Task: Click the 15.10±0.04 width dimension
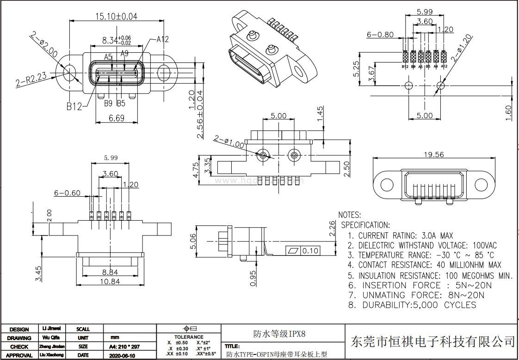[x=116, y=16]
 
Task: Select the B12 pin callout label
[x=74, y=106]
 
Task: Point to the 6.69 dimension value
[x=116, y=118]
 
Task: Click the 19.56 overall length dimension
[x=433, y=155]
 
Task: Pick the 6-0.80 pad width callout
[x=380, y=34]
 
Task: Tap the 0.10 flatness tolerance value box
[x=310, y=251]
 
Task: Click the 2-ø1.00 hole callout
[x=229, y=142]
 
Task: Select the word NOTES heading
[x=350, y=215]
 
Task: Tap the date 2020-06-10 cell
[x=122, y=355]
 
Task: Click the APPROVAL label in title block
[x=19, y=355]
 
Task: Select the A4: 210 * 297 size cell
[x=124, y=347]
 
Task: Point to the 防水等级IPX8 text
[x=279, y=333]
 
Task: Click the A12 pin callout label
[x=162, y=40]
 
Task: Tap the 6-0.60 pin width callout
[x=67, y=193]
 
